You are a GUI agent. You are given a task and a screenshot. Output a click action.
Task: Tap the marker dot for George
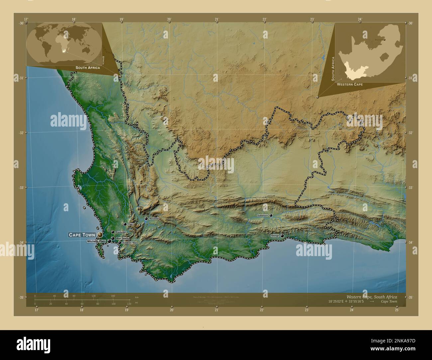click(282, 236)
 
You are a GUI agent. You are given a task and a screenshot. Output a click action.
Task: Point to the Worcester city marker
click(146, 219)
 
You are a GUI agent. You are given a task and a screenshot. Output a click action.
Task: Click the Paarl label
click(131, 224)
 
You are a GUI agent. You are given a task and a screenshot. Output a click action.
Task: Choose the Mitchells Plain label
click(96, 241)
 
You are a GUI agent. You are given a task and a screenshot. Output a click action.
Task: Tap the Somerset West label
click(129, 243)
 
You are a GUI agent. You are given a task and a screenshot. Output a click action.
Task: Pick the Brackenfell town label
click(121, 232)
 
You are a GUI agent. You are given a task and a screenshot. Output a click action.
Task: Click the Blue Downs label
click(122, 238)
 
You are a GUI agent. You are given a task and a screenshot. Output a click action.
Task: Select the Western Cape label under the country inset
click(349, 85)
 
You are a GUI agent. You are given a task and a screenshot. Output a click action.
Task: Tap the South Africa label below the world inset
click(88, 67)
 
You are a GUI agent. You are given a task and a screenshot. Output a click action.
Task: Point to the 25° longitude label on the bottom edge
click(397, 310)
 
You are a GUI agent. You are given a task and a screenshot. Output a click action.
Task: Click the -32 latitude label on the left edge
click(21, 133)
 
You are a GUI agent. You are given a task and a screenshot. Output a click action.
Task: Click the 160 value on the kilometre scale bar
click(113, 296)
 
